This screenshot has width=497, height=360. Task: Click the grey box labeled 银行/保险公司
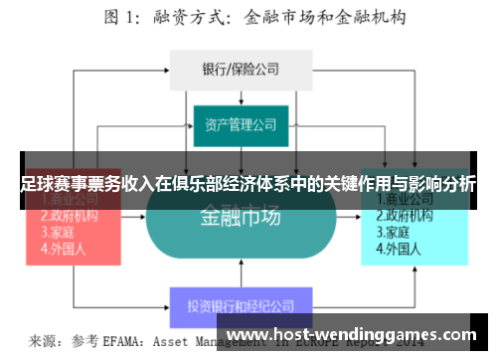(x=242, y=69)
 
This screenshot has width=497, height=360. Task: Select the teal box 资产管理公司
(x=242, y=125)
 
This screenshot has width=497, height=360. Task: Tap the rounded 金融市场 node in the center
(x=242, y=218)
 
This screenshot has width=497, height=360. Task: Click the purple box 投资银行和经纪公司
(x=242, y=305)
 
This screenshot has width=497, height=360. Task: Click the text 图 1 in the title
(x=122, y=16)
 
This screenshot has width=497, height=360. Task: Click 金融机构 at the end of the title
(x=371, y=16)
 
